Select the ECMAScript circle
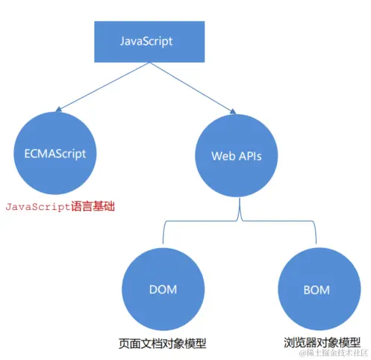tap(50, 154)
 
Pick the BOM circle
tap(314, 288)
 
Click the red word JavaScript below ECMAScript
tap(37, 205)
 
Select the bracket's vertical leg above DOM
tap(162, 235)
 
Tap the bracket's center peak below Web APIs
tap(238, 213)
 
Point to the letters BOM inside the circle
tap(314, 288)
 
